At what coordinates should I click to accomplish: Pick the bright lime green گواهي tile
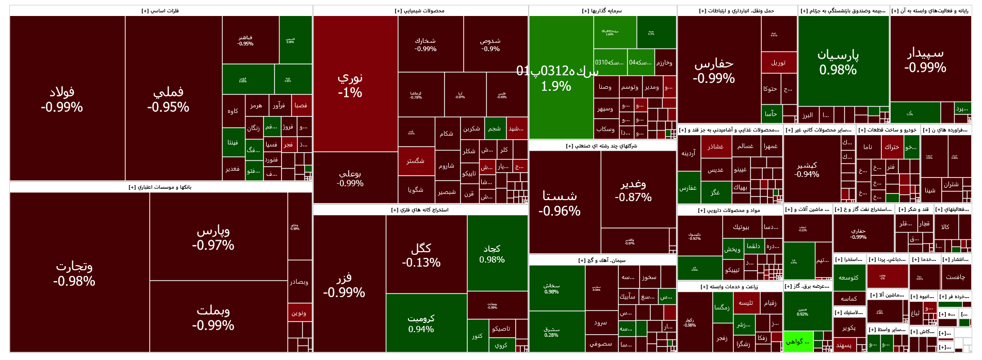click(797, 342)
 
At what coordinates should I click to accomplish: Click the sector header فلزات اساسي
click(160, 11)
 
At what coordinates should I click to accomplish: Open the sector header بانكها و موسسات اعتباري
click(160, 187)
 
